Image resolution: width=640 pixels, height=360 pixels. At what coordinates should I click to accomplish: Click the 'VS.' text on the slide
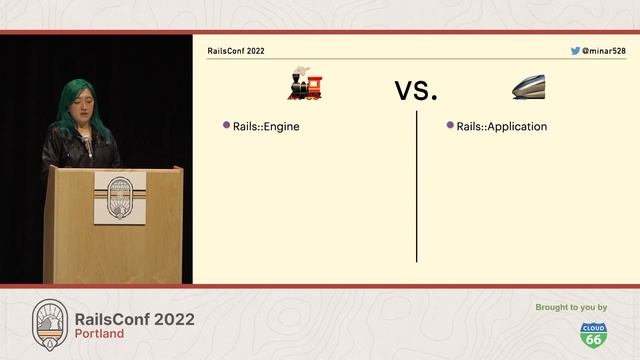click(416, 90)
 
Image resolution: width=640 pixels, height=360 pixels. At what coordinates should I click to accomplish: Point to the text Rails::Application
click(502, 127)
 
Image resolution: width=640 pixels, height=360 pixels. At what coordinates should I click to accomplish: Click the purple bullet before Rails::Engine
click(227, 126)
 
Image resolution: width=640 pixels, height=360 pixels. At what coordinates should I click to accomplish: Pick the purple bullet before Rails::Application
click(450, 126)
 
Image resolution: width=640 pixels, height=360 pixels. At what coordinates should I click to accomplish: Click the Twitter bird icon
click(575, 50)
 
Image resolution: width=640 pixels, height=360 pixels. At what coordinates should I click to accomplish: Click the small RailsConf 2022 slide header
click(236, 50)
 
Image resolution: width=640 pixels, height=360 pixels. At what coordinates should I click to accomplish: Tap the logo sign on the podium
click(119, 197)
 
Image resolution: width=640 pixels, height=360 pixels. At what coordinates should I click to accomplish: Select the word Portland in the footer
click(100, 334)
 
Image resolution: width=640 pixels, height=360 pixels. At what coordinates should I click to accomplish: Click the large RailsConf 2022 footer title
click(135, 318)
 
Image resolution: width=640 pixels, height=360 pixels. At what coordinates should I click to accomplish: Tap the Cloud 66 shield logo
click(593, 334)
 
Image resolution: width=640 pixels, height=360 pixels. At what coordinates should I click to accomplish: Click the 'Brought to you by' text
click(571, 307)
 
